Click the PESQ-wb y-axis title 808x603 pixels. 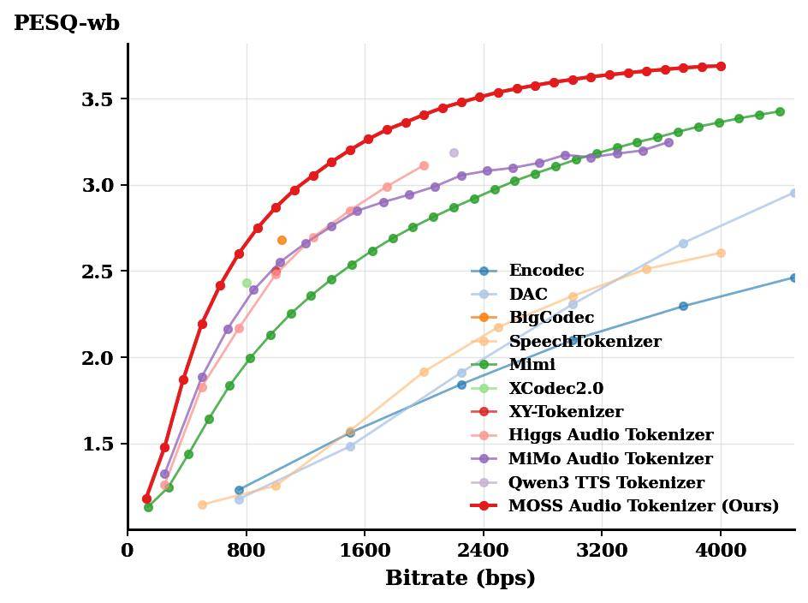pyautogui.click(x=67, y=23)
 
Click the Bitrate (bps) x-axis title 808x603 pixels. pyautogui.click(x=460, y=578)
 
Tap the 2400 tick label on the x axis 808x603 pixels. pyautogui.click(x=484, y=551)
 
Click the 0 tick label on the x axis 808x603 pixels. pyautogui.click(x=128, y=551)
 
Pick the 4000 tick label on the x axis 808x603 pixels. pyautogui.click(x=721, y=551)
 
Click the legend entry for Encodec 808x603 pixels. pyautogui.click(x=546, y=271)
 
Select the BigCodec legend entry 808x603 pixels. pyautogui.click(x=551, y=318)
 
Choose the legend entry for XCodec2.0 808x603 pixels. pyautogui.click(x=555, y=389)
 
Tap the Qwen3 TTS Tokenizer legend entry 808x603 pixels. pyautogui.click(x=606, y=483)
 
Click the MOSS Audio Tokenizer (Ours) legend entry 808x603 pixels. pyautogui.click(x=643, y=506)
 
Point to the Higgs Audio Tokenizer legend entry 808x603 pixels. pyautogui.click(x=610, y=436)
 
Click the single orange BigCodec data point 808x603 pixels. pyautogui.click(x=282, y=241)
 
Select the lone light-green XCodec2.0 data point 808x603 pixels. pyautogui.click(x=247, y=284)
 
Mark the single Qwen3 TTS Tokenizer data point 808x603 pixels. pyautogui.click(x=454, y=153)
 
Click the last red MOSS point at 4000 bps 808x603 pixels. pyautogui.click(x=721, y=66)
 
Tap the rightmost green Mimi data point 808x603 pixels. pyautogui.click(x=780, y=111)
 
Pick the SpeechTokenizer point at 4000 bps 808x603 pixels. pyautogui.click(x=721, y=253)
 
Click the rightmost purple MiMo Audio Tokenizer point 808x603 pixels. pyautogui.click(x=668, y=142)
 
